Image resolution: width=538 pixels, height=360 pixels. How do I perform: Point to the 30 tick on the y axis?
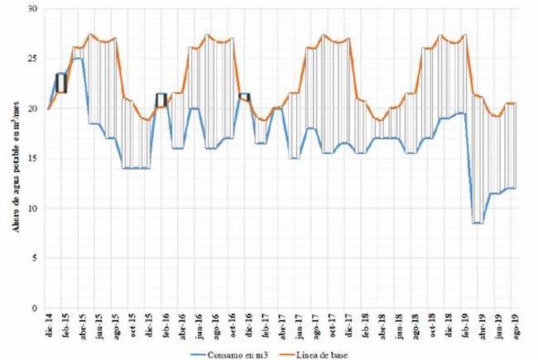34,9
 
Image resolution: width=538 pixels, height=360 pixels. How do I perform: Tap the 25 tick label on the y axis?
34,59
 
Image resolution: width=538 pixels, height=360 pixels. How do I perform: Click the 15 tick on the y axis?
34,158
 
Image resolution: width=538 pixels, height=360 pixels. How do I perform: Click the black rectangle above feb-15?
61,84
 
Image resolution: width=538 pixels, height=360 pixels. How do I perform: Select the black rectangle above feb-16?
161,99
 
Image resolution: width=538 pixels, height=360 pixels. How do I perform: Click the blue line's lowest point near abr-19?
478,223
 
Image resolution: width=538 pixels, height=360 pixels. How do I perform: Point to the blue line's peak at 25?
78,59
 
